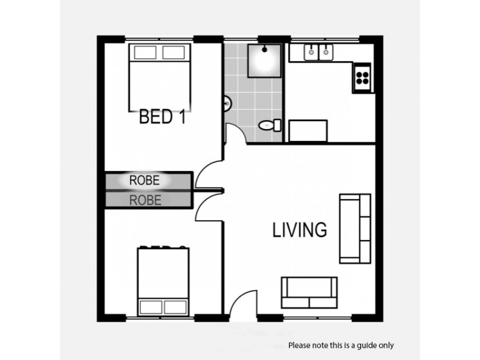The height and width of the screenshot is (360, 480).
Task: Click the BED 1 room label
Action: tap(161, 116)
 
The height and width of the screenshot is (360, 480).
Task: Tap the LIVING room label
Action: tap(299, 230)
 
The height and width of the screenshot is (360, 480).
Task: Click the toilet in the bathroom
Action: tap(267, 125)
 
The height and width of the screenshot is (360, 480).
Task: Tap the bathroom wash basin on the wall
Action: tap(227, 104)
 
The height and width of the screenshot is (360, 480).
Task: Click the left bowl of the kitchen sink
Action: tap(311, 53)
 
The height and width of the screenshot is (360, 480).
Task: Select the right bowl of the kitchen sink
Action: tap(326, 53)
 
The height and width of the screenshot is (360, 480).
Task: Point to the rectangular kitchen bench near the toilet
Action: tap(308, 130)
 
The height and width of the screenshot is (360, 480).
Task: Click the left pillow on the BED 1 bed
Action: tap(145, 52)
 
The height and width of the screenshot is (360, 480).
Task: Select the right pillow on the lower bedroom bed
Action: tap(178, 307)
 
